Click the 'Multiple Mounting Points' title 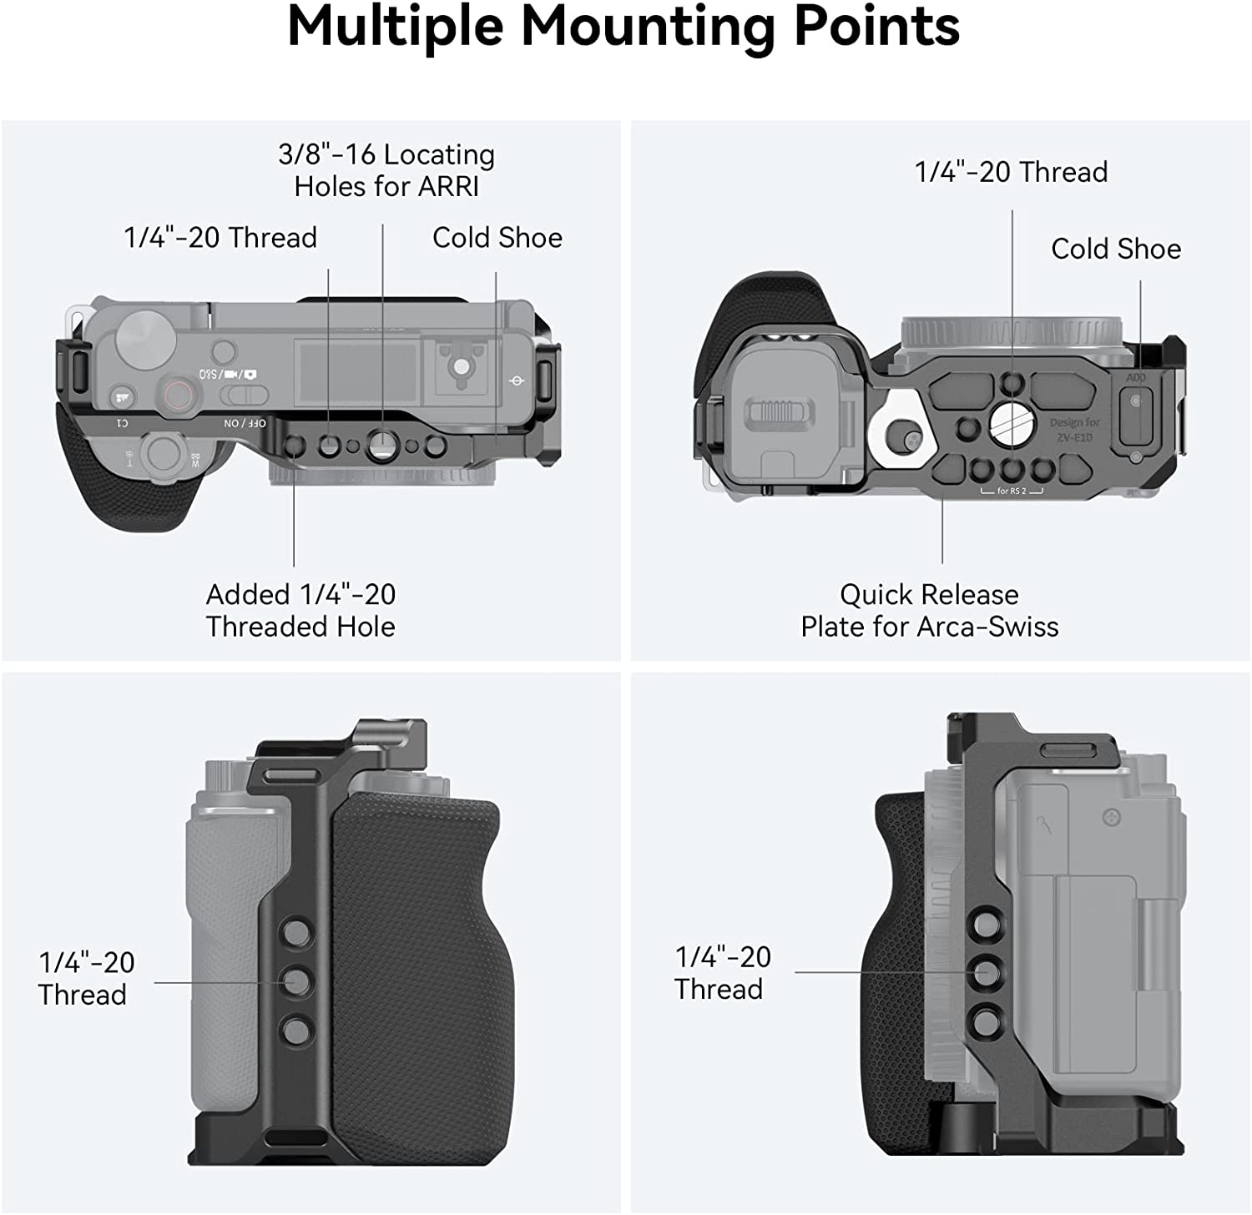623,28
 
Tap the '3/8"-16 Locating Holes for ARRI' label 386,170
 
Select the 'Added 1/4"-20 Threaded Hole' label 300,610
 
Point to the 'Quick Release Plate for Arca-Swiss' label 929,610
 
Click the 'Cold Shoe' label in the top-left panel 497,238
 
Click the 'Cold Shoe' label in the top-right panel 1115,249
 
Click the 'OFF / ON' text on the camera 245,424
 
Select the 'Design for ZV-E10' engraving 1074,430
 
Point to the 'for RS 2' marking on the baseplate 1012,491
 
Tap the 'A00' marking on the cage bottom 1135,378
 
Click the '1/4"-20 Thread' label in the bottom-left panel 85,978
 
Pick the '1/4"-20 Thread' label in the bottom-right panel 722,972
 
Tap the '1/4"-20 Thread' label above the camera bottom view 1011,172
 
